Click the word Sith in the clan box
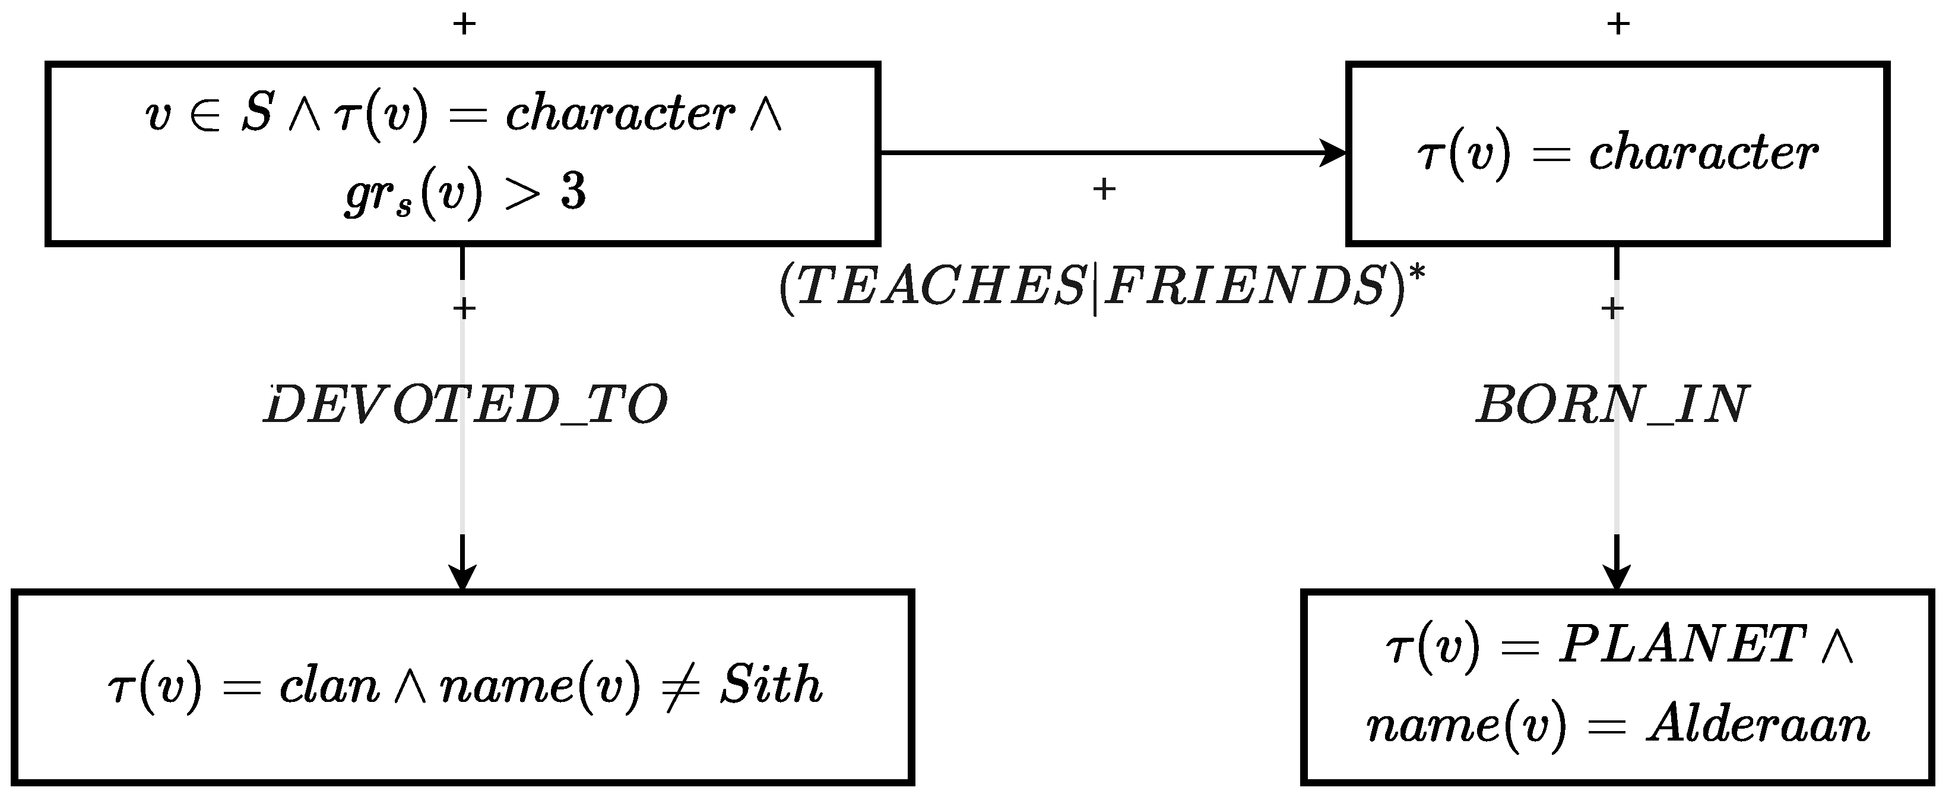(x=771, y=685)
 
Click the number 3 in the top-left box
(x=573, y=193)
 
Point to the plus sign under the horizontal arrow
(x=1104, y=189)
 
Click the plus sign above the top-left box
(x=464, y=24)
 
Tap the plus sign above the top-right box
(x=1618, y=24)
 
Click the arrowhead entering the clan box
(x=462, y=577)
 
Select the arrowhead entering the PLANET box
(x=1617, y=577)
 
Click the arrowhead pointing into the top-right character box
(x=1333, y=152)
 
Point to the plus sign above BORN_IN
(x=1612, y=308)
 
